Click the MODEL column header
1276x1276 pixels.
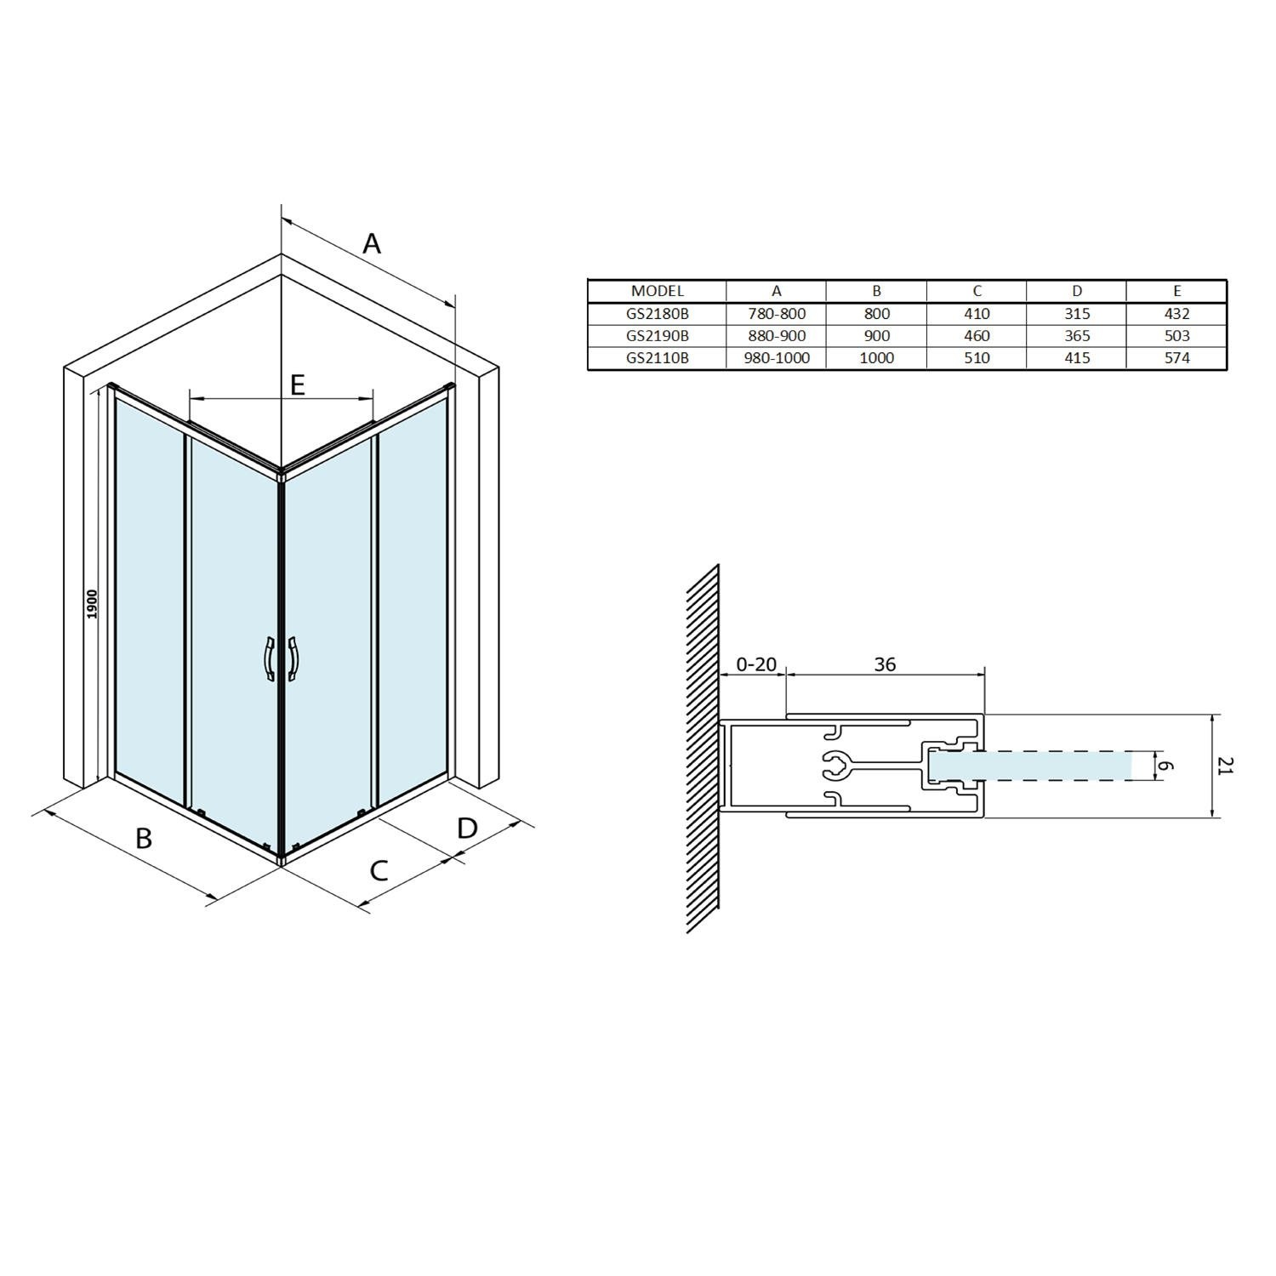[x=657, y=291]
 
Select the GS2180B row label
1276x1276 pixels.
[x=657, y=313]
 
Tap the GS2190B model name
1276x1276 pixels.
[x=657, y=335]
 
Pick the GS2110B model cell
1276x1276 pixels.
[x=657, y=357]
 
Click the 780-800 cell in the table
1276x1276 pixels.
[x=776, y=313]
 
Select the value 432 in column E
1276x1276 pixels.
[x=1176, y=313]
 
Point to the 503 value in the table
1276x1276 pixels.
[x=1176, y=335]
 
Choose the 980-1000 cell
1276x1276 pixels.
[x=776, y=357]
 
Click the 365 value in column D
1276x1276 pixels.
[x=1076, y=335]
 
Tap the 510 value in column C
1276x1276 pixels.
[x=977, y=357]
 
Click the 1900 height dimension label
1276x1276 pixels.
[x=93, y=604]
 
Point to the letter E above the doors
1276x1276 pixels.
[x=297, y=385]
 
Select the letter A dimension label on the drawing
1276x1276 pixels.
[x=372, y=244]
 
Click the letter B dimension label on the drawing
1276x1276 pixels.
[x=144, y=838]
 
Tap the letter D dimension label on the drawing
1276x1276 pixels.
[x=467, y=828]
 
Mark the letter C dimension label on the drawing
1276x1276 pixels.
[x=379, y=870]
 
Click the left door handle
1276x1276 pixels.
[x=269, y=658]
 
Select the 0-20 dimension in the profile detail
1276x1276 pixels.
[x=755, y=664]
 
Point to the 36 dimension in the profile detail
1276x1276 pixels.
[x=885, y=664]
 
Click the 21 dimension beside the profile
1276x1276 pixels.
[x=1224, y=766]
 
